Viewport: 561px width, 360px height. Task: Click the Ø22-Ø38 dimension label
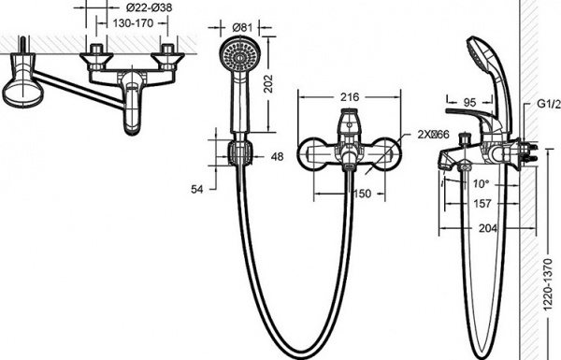150,7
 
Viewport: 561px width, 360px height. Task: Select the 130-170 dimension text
133,23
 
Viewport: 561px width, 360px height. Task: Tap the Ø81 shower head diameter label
242,27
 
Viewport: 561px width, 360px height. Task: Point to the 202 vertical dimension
268,84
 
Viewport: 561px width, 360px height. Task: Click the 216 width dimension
350,97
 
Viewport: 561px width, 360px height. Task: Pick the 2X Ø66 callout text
433,135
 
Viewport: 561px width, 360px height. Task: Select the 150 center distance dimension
363,194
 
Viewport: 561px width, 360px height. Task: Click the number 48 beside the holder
277,156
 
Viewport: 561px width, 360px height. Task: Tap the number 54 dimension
196,189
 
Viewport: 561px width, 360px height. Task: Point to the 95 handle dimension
469,103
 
